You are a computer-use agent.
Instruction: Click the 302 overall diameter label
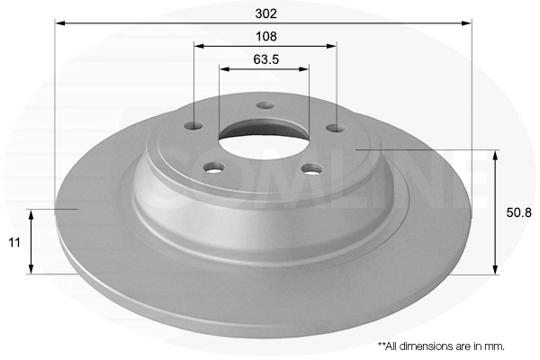coord(265,13)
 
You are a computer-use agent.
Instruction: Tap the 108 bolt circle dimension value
coord(265,36)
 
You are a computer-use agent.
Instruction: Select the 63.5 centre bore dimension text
coord(265,59)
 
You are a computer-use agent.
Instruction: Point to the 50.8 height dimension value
coord(518,212)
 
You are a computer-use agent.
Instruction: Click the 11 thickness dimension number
coord(14,242)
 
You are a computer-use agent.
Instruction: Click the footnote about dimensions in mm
coord(441,346)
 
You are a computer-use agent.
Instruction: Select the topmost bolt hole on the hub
coord(265,105)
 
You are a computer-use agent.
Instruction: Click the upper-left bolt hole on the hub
coord(193,126)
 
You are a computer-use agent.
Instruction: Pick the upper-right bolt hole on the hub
coord(336,128)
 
